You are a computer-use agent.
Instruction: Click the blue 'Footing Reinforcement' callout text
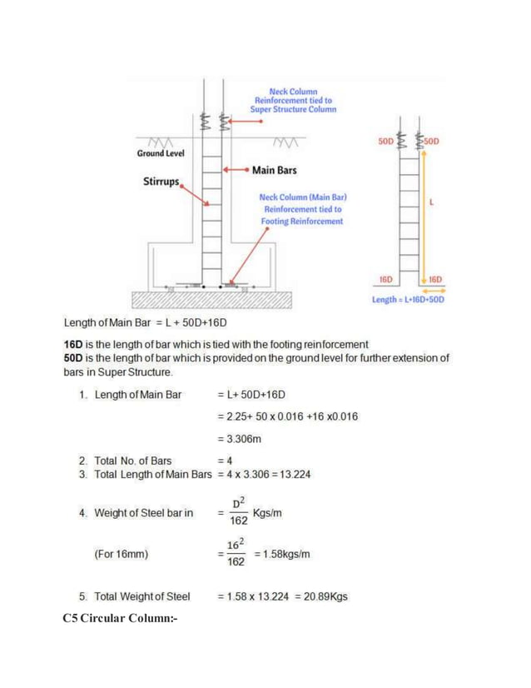click(302, 222)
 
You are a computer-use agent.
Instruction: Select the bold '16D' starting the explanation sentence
click(75, 344)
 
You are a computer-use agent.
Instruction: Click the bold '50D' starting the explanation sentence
click(75, 357)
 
